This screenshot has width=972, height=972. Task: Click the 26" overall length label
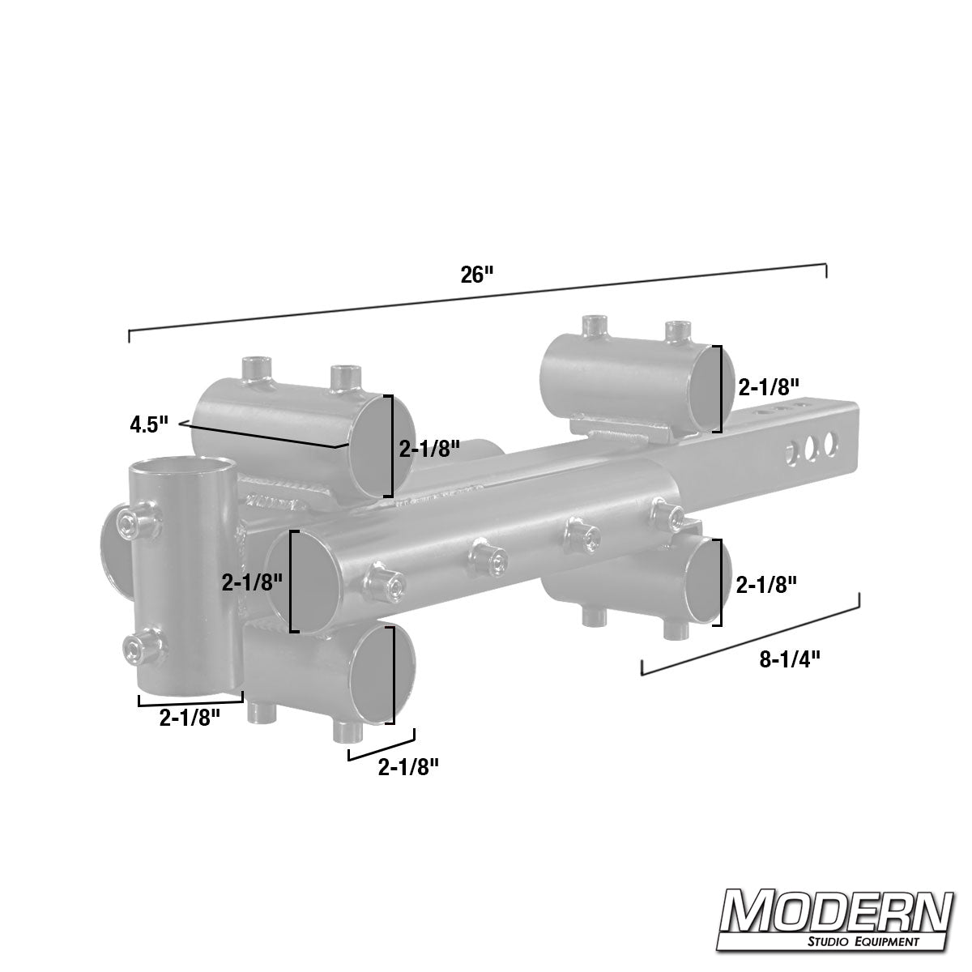tap(477, 275)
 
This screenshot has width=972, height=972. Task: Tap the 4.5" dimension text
tap(148, 424)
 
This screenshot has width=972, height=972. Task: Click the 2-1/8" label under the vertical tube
tap(190, 717)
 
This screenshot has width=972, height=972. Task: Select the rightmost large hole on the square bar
tap(829, 444)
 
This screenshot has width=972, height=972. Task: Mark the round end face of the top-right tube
tap(706, 388)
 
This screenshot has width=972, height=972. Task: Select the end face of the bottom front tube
tap(378, 674)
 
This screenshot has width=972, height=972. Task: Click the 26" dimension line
tap(477, 298)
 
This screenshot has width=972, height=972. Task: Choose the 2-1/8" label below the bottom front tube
tap(408, 765)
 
